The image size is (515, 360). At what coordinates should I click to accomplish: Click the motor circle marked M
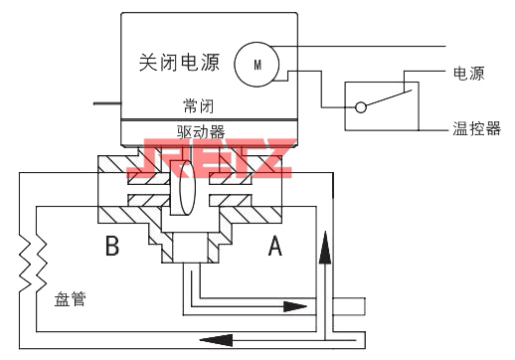pos(256,65)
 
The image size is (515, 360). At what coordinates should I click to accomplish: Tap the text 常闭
pos(199,104)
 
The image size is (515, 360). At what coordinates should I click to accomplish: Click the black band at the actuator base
pos(208,119)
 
